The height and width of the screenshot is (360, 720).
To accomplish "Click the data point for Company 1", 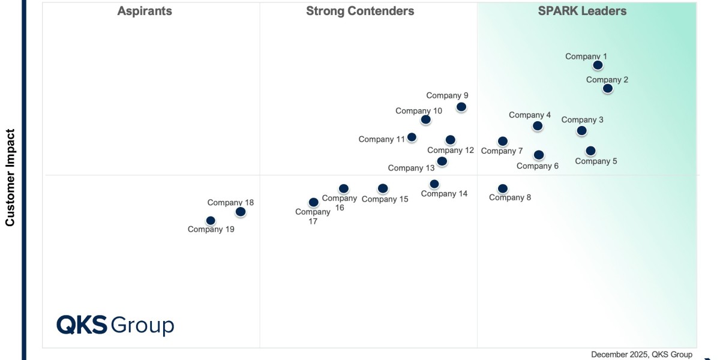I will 598,65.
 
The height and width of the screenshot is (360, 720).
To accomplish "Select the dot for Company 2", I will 608,89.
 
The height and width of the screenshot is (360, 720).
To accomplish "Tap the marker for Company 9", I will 461,107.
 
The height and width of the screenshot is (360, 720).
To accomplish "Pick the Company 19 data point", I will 211,221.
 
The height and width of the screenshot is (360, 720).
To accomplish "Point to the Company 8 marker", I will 503,189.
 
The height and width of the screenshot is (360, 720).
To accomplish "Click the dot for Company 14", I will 434,184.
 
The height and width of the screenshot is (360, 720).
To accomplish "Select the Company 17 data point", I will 313,203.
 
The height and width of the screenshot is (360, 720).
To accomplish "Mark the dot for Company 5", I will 590,151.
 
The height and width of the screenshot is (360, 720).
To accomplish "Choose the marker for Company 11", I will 412,137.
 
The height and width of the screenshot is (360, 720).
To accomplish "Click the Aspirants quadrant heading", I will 145,11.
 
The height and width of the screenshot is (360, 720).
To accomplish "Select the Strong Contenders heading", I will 360,11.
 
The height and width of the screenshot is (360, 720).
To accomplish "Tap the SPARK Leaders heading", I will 582,11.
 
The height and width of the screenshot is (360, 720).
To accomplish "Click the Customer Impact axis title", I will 10,178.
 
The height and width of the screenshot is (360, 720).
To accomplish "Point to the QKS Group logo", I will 115,325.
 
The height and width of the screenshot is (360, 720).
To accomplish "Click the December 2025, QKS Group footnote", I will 641,355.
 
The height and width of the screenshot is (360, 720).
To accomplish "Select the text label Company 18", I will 230,202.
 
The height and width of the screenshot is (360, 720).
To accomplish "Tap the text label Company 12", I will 451,151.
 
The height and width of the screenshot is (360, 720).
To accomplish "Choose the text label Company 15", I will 385,199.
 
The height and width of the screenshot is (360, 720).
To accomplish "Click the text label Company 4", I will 530,115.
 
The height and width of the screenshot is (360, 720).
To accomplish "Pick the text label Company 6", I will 538,166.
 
